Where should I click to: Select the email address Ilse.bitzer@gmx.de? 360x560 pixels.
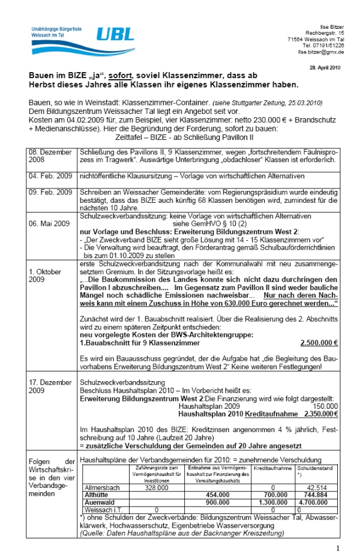[321, 52]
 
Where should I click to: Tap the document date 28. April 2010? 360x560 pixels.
[325, 67]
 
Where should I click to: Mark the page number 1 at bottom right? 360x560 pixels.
[338, 549]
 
